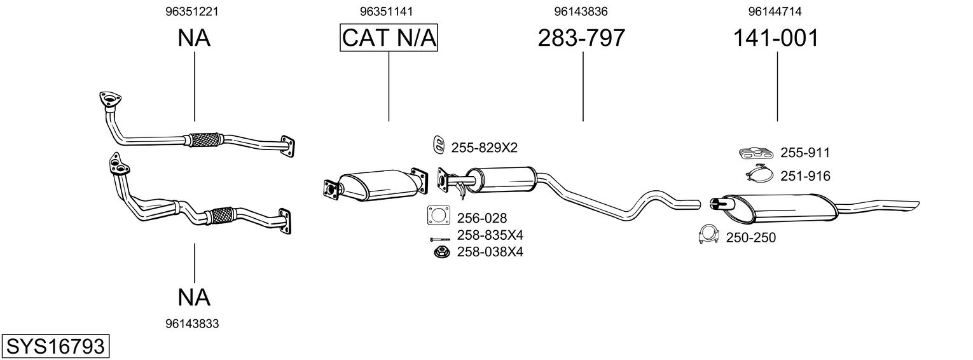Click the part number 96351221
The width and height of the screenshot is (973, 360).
[194, 11]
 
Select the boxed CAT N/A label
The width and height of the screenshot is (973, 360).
[389, 38]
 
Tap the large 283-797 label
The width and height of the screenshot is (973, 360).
[581, 38]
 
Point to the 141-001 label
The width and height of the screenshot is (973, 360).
[776, 38]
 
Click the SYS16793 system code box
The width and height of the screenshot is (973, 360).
[55, 347]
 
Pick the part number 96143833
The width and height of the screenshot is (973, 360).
[192, 324]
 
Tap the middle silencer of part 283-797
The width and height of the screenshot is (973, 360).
[502, 179]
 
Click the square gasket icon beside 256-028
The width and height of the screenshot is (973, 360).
[438, 216]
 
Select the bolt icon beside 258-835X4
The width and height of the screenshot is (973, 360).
[438, 239]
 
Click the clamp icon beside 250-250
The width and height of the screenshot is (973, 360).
[708, 235]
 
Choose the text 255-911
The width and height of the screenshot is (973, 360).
[804, 153]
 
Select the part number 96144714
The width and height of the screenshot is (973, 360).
[775, 11]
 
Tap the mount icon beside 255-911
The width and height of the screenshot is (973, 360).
[757, 153]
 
